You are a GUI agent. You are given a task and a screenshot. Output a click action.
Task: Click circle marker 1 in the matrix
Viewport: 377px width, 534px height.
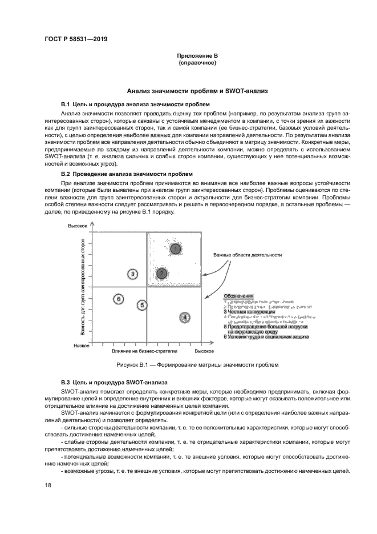coord(176,248)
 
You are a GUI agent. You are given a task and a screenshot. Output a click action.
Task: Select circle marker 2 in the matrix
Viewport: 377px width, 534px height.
coord(162,274)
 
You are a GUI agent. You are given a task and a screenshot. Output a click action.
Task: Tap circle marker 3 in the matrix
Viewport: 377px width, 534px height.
coord(132,274)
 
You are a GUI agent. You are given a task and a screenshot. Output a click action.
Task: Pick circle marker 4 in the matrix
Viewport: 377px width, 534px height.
coord(185,317)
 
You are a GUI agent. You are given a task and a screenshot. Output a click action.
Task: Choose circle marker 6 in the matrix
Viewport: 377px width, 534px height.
coord(118,299)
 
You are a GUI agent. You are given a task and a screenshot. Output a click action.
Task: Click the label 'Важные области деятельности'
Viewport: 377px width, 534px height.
coord(248,255)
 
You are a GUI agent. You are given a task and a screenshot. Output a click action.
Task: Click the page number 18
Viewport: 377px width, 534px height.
coord(48,484)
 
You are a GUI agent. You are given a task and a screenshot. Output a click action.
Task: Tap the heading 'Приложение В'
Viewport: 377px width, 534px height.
coord(197,56)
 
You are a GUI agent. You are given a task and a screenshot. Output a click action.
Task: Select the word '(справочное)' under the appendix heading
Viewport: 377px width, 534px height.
coord(197,63)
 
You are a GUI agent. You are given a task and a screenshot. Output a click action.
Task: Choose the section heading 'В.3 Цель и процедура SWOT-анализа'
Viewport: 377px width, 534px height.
coord(113,381)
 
